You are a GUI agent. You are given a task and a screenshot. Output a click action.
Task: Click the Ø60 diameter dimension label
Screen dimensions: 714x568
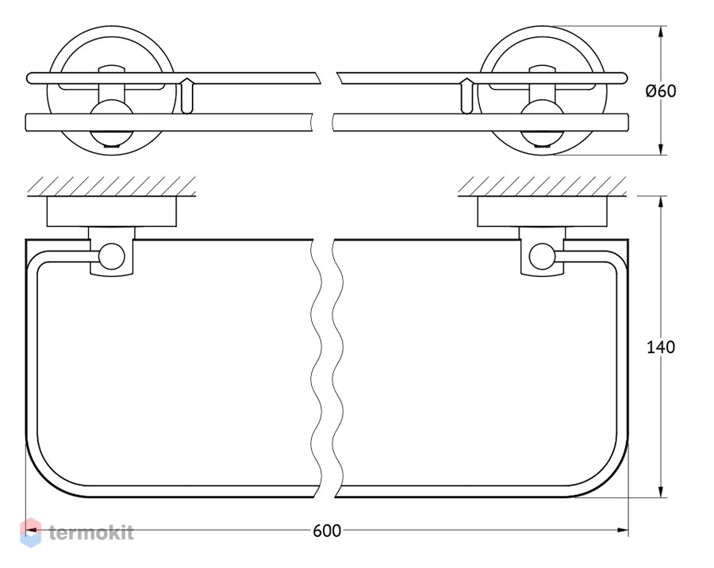(x=661, y=91)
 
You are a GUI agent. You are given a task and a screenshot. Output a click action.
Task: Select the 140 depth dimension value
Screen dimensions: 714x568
(x=661, y=347)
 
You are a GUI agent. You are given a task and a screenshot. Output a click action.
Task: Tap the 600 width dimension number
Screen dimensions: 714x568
(x=327, y=531)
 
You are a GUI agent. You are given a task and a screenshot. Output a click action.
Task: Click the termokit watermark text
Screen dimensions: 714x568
(x=91, y=532)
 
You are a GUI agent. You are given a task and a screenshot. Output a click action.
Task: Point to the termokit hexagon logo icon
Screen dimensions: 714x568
(x=30, y=532)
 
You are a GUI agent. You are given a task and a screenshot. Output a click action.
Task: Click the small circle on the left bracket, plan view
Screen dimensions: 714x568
(x=112, y=255)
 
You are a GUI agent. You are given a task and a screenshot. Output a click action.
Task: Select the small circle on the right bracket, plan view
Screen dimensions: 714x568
(x=542, y=255)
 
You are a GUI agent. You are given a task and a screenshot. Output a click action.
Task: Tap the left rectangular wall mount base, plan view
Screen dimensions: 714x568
(x=112, y=212)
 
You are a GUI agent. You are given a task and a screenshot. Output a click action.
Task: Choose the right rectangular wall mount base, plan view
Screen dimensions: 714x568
(x=542, y=212)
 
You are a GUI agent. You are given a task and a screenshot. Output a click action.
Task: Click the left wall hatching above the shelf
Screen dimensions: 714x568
(x=112, y=186)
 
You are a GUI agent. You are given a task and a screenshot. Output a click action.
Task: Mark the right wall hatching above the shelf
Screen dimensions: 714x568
(x=542, y=186)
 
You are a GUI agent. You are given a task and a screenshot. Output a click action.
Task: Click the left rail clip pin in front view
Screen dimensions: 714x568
(x=186, y=96)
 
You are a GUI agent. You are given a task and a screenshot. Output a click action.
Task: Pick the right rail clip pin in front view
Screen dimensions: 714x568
(x=466, y=96)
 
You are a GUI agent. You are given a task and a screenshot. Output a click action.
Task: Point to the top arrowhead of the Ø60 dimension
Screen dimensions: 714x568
(x=661, y=31)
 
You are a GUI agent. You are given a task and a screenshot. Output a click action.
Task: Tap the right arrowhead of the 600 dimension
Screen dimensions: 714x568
(x=623, y=530)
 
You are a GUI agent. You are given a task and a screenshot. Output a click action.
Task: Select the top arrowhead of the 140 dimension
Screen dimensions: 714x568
(x=661, y=203)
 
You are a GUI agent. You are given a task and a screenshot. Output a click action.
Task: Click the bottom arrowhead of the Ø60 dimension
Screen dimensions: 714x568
(x=661, y=149)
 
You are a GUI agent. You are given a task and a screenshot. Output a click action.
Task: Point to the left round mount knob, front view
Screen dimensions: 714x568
(x=112, y=123)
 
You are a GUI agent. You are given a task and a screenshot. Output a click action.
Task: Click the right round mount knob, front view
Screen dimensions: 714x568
(x=542, y=123)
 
